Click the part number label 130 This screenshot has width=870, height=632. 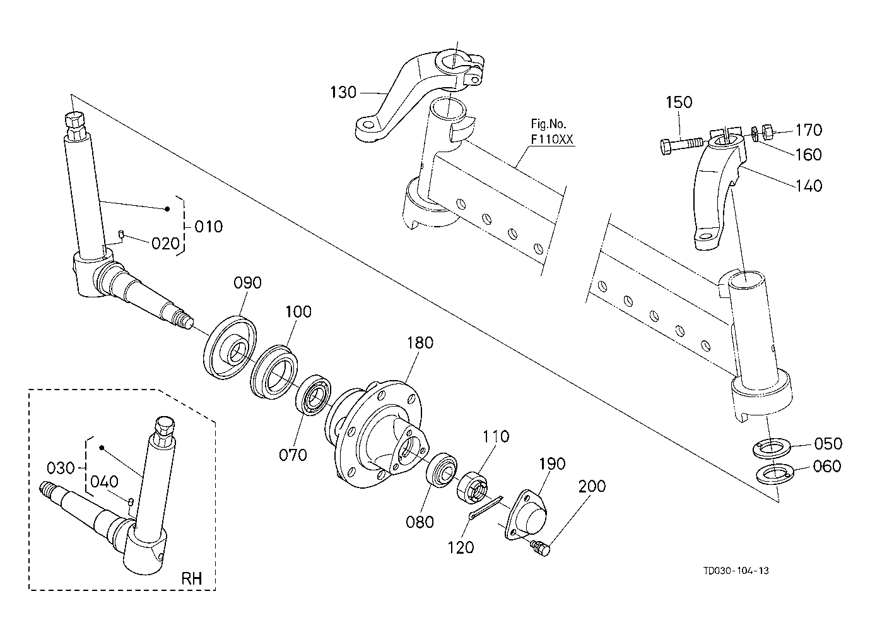click(343, 93)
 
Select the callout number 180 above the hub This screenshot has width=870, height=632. click(420, 343)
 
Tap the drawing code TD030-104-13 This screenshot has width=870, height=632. click(736, 571)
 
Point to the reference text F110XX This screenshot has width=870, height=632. click(552, 140)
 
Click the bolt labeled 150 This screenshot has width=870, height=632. click(681, 144)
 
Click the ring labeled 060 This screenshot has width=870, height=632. click(773, 472)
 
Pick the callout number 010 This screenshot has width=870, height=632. click(208, 225)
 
